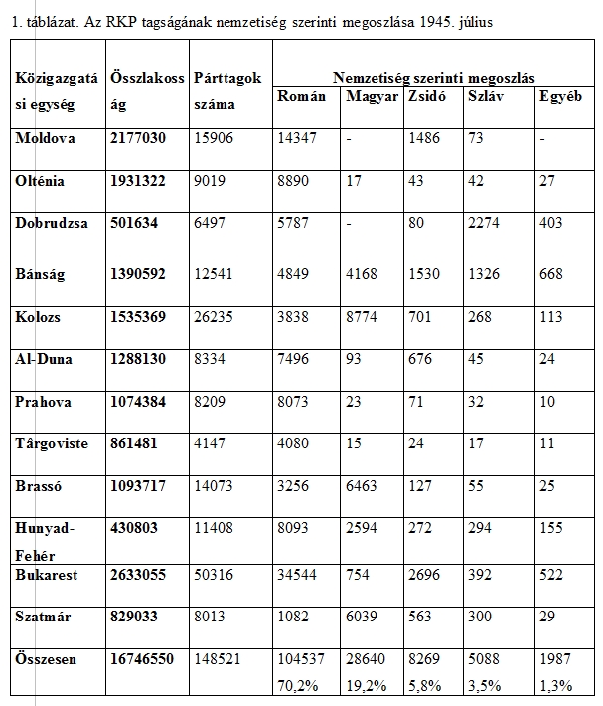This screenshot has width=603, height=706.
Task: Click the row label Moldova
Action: pyautogui.click(x=46, y=138)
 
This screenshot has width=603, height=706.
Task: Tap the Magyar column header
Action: pyautogui.click(x=370, y=96)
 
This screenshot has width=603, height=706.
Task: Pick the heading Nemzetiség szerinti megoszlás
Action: pyautogui.click(x=434, y=77)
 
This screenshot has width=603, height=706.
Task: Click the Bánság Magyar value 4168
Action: pyautogui.click(x=364, y=274)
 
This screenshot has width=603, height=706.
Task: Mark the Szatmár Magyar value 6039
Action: pyautogui.click(x=364, y=617)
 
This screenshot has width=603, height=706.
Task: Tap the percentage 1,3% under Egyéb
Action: pyautogui.click(x=554, y=684)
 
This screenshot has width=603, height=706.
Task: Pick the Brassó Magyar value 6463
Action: pyautogui.click(x=364, y=489)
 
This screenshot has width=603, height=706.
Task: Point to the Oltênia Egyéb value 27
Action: pyautogui.click(x=546, y=181)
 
